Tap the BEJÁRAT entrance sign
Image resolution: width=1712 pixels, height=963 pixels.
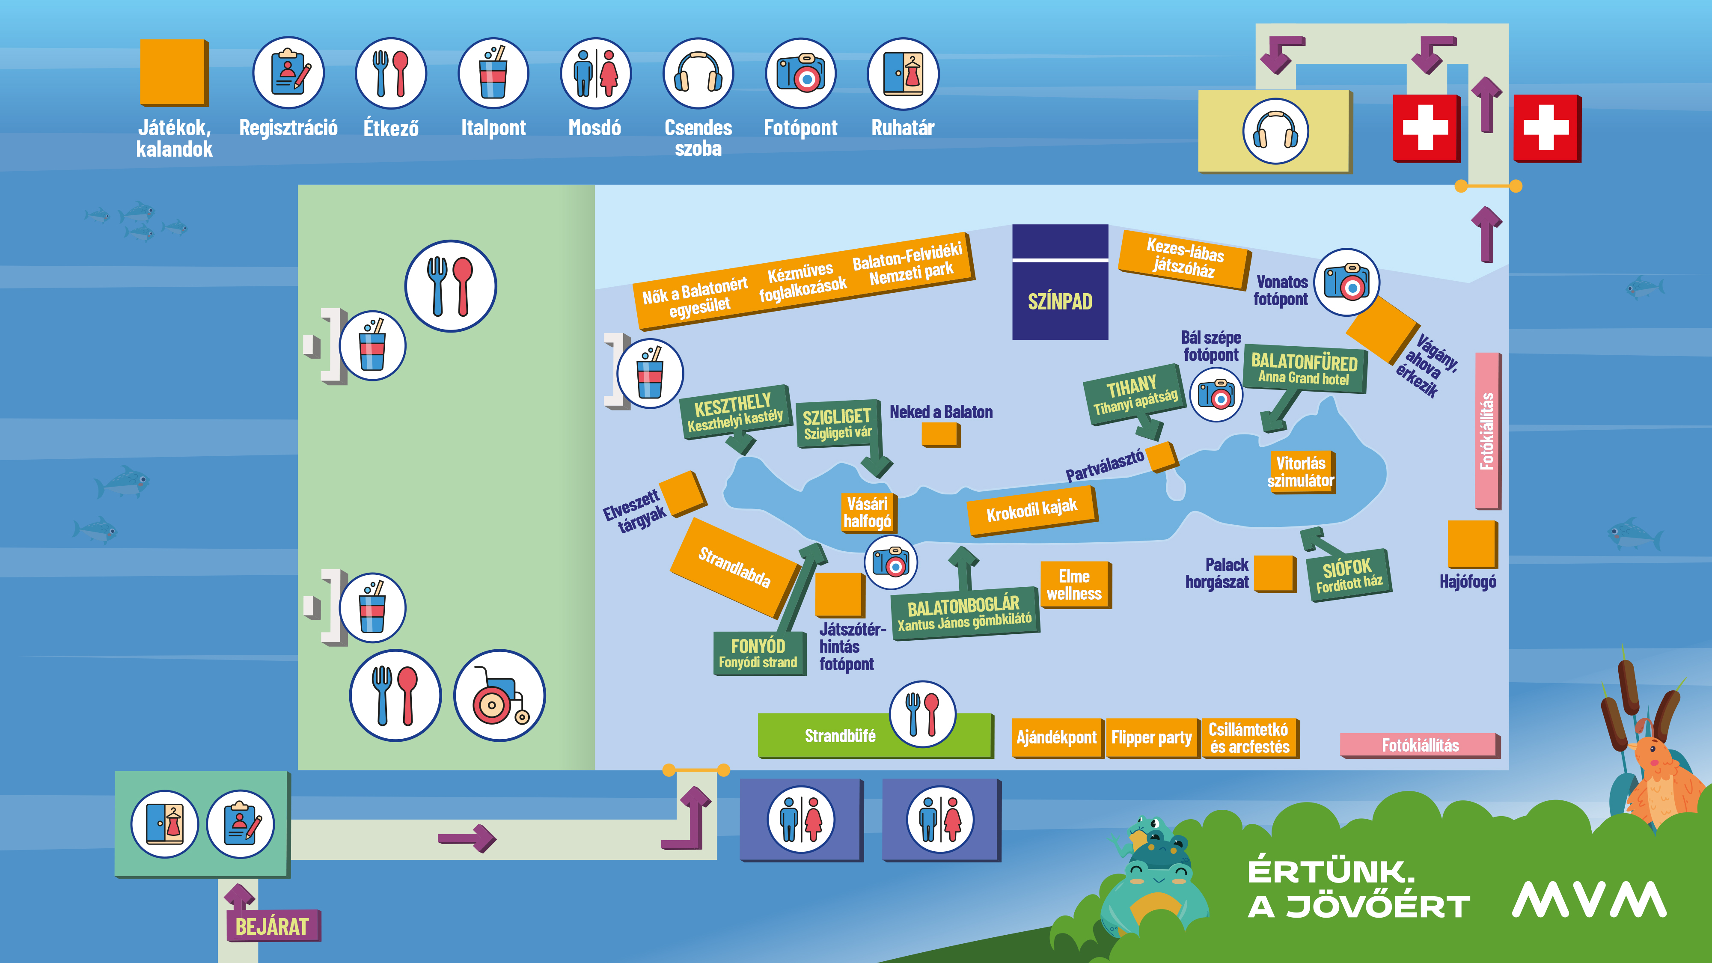273,926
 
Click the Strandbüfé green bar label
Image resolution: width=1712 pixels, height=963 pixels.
840,736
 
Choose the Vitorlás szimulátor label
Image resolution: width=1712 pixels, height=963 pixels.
1301,472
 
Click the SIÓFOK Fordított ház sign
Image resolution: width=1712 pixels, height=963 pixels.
1349,575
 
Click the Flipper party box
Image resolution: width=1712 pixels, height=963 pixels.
1152,737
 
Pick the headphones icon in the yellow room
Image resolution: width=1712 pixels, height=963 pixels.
1275,131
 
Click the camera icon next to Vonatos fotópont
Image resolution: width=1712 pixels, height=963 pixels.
1346,282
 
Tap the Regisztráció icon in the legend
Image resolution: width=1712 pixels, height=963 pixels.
288,73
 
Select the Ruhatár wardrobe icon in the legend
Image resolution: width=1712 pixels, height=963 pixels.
903,73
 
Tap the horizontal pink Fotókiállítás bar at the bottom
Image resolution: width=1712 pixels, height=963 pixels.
1420,745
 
